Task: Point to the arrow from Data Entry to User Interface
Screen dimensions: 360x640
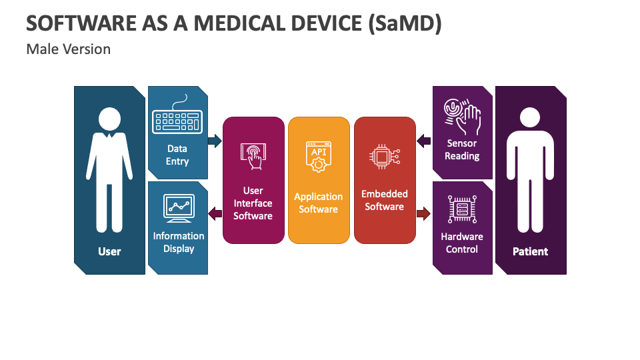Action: coord(215,141)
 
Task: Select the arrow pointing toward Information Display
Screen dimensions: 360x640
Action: coord(215,213)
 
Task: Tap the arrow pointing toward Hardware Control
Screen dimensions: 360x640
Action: coord(423,213)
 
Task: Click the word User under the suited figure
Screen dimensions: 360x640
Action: coord(109,251)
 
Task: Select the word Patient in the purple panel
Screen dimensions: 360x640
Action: coord(530,251)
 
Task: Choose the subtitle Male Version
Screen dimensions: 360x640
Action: coord(69,49)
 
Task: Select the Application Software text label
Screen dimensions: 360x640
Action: coord(318,203)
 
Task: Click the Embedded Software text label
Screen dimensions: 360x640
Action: coord(384,200)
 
